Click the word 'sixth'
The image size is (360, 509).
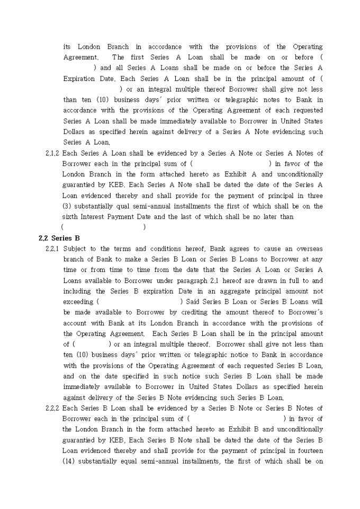(70, 217)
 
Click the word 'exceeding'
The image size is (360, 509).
(78, 302)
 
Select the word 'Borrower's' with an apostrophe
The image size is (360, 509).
(303, 313)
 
